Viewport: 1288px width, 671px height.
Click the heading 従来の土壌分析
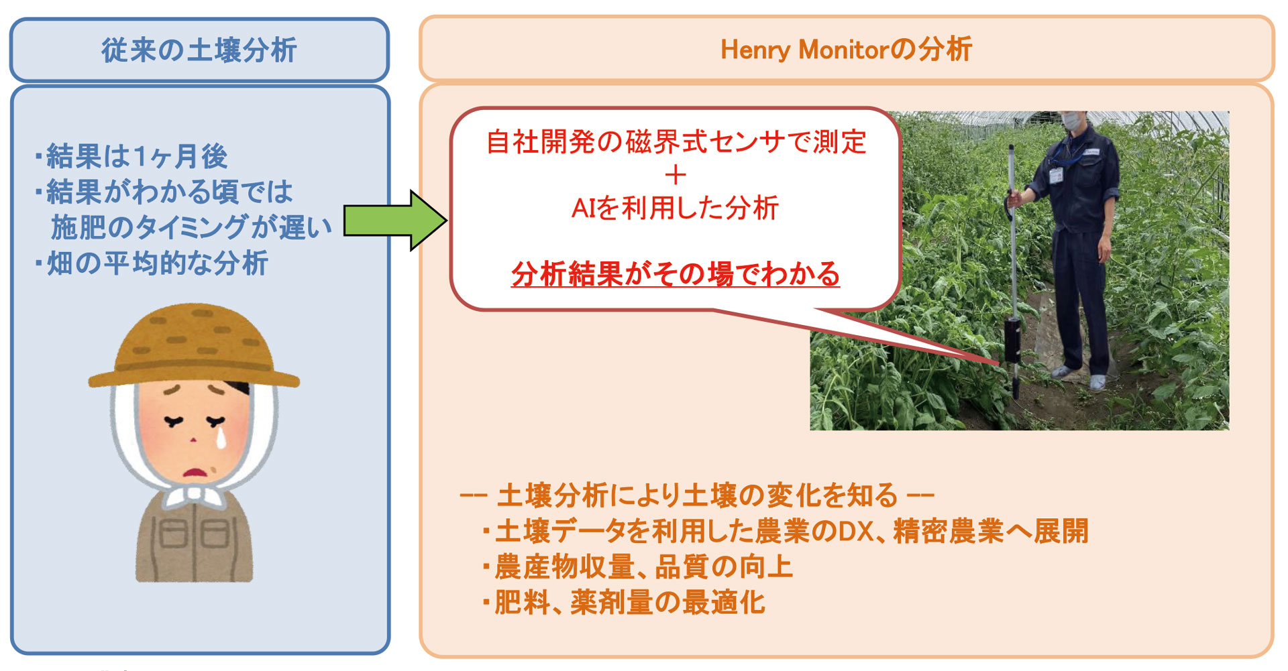coord(199,50)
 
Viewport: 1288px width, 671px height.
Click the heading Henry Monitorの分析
coord(846,50)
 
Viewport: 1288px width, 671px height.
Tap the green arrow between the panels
coord(396,221)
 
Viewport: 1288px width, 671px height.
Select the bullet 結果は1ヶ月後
coord(131,156)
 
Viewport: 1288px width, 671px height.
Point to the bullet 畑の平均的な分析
coord(152,263)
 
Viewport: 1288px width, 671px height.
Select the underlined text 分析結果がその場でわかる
coord(676,274)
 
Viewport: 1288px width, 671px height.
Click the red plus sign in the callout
coord(676,176)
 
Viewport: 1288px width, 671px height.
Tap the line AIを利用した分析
coord(675,208)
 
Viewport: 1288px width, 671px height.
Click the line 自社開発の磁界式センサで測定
coord(676,142)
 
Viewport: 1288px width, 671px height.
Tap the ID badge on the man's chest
coord(1057,175)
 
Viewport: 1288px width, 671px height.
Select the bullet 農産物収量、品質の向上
coord(637,566)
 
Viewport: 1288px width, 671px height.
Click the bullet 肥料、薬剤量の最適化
coord(623,602)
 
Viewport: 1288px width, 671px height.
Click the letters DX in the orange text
coord(857,532)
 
